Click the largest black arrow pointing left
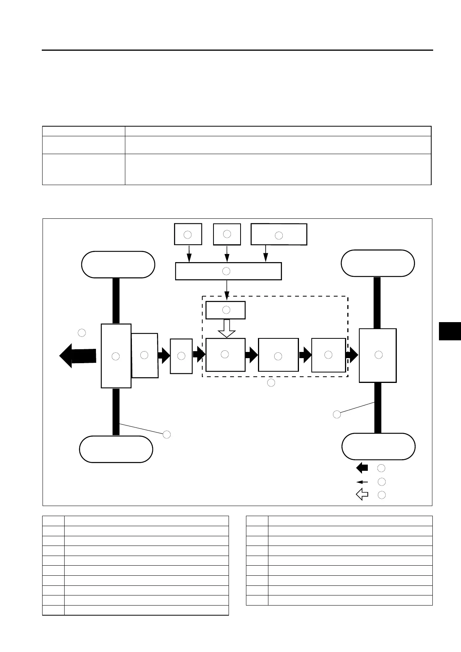(77, 356)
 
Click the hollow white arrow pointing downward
(227, 328)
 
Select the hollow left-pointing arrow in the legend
(362, 494)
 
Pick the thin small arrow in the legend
(362, 482)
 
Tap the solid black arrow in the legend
(362, 468)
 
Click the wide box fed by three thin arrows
(228, 271)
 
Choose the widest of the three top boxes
(279, 234)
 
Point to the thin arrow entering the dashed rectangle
(227, 290)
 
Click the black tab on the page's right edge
(450, 331)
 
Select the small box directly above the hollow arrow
(225, 310)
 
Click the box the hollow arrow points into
(225, 355)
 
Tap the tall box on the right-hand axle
(378, 355)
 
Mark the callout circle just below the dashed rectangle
(271, 383)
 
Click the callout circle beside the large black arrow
(82, 333)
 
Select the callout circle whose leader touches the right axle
(337, 415)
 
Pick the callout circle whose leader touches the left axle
(166, 434)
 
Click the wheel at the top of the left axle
(118, 264)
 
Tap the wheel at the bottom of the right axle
(378, 446)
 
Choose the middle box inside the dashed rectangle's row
(278, 355)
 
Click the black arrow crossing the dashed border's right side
(352, 355)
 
